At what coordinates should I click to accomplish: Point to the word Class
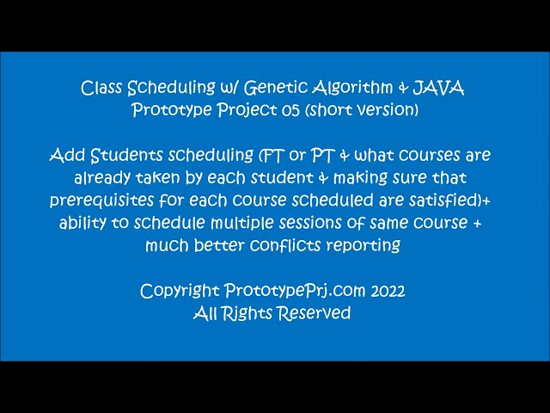104,88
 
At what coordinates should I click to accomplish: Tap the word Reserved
313,313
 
